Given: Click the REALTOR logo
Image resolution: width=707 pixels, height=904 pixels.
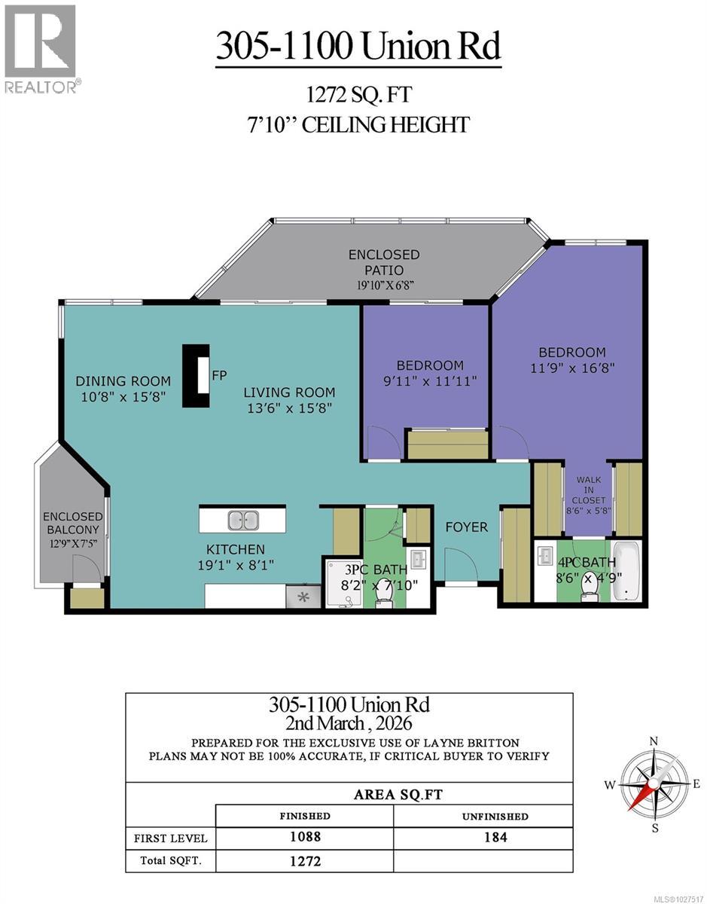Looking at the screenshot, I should tap(40, 49).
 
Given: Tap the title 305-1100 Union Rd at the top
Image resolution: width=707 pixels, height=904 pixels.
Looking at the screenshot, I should tap(358, 47).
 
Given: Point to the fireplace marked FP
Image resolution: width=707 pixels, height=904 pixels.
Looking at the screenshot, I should tap(197, 376).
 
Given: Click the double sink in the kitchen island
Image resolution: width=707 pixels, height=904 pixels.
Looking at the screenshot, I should tap(243, 520).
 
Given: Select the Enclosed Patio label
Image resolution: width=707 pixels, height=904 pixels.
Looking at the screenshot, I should tap(383, 262).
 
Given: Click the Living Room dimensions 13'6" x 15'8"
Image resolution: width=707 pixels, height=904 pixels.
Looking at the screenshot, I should tap(289, 408).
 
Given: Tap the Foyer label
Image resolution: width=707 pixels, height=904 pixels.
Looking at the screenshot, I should tap(466, 527).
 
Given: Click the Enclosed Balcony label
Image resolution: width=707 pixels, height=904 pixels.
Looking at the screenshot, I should tap(72, 523).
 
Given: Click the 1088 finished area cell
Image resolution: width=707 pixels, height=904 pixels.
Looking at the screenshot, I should tap(305, 837).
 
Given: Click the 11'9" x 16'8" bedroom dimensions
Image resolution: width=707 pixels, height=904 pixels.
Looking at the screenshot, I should tap(571, 369).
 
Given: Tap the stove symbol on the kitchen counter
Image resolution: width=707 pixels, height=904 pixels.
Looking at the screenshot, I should tap(303, 597).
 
